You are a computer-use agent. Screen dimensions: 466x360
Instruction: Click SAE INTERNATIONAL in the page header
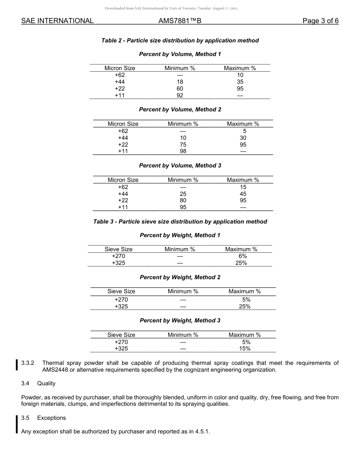(57, 21)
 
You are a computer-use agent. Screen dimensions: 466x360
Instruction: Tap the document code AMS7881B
(180, 21)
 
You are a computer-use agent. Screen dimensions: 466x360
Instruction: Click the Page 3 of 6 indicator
(320, 21)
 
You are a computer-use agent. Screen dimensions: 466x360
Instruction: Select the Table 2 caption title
(180, 41)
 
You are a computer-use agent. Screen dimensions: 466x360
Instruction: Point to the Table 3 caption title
(180, 222)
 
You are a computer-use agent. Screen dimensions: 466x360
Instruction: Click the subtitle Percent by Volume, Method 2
(180, 109)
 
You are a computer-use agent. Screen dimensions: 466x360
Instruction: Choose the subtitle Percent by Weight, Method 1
(180, 235)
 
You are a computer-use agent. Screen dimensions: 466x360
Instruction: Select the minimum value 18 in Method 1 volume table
(180, 82)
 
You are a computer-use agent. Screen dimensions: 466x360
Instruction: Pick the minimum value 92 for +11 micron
(180, 95)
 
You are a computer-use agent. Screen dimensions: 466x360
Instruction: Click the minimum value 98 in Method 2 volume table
(183, 151)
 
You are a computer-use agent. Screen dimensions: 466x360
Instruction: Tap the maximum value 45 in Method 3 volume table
(243, 194)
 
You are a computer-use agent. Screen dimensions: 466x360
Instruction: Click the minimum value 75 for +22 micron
(183, 145)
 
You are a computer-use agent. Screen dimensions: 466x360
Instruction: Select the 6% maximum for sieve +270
(243, 256)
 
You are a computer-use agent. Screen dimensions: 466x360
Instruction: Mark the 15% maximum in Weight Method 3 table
(244, 349)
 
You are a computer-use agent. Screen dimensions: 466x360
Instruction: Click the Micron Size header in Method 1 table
(120, 68)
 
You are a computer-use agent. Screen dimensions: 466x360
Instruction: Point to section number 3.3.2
(28, 363)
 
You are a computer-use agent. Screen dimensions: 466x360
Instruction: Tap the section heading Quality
(46, 383)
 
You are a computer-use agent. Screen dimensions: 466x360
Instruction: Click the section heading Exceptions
(52, 418)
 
